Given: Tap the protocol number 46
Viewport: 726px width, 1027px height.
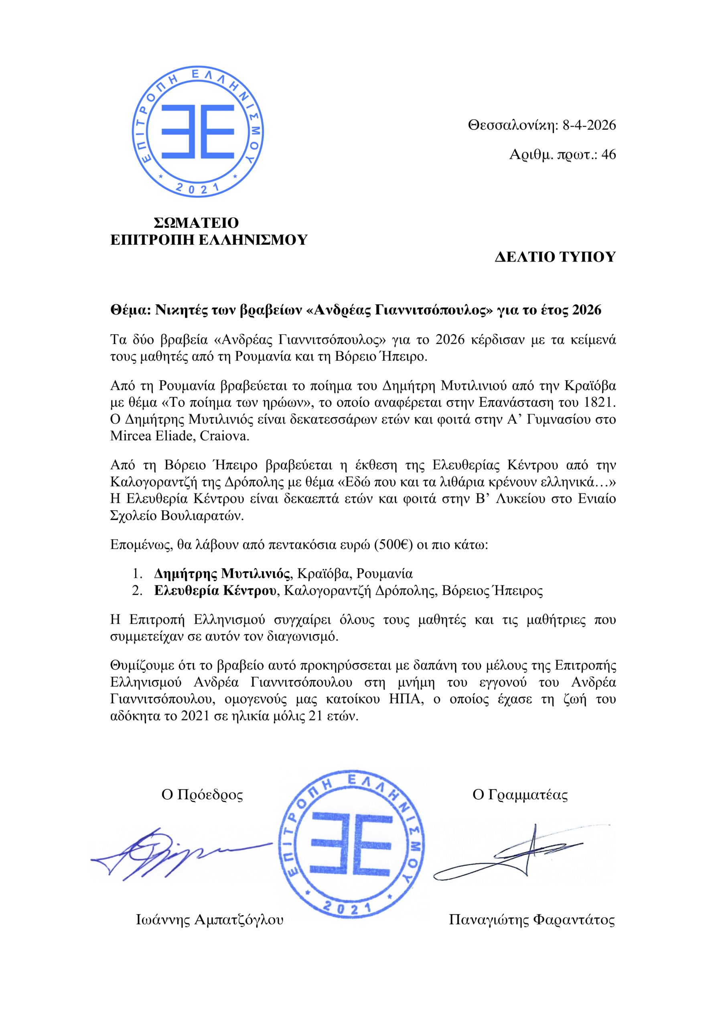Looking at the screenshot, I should pyautogui.click(x=609, y=155).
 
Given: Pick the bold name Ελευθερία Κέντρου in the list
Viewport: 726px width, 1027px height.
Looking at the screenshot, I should pyautogui.click(x=215, y=591).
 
